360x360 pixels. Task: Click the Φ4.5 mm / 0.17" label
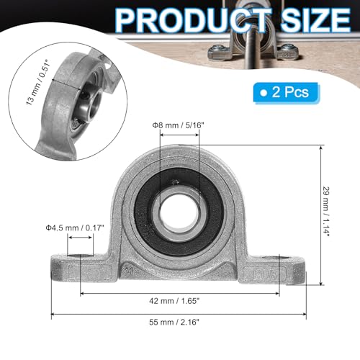tap(75, 228)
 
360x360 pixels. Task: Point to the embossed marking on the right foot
tap(260, 274)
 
